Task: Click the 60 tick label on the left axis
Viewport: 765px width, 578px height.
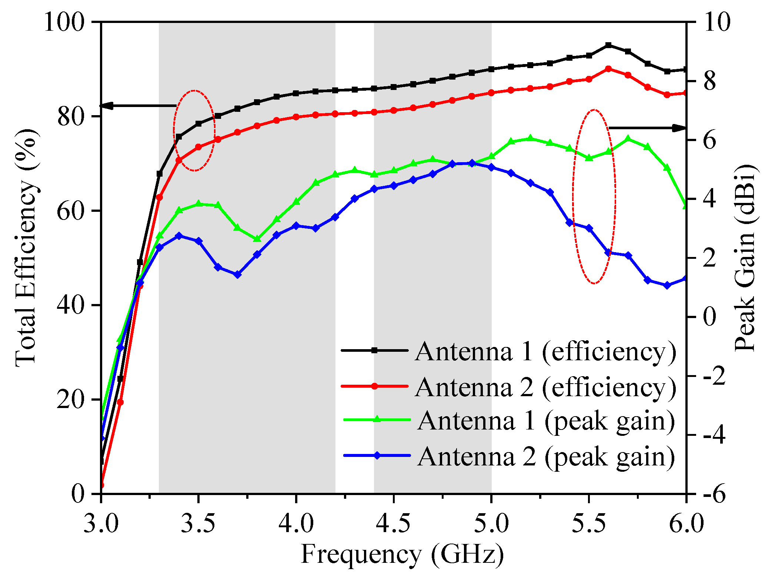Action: click(x=70, y=211)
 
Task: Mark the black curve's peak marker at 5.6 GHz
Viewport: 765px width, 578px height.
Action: click(x=608, y=45)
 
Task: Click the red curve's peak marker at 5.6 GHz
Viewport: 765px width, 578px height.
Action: click(x=608, y=69)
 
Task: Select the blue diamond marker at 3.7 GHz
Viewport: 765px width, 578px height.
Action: click(x=237, y=274)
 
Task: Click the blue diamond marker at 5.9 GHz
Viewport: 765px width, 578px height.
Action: click(x=667, y=285)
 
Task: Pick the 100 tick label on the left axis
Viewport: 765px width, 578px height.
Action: click(x=64, y=22)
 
